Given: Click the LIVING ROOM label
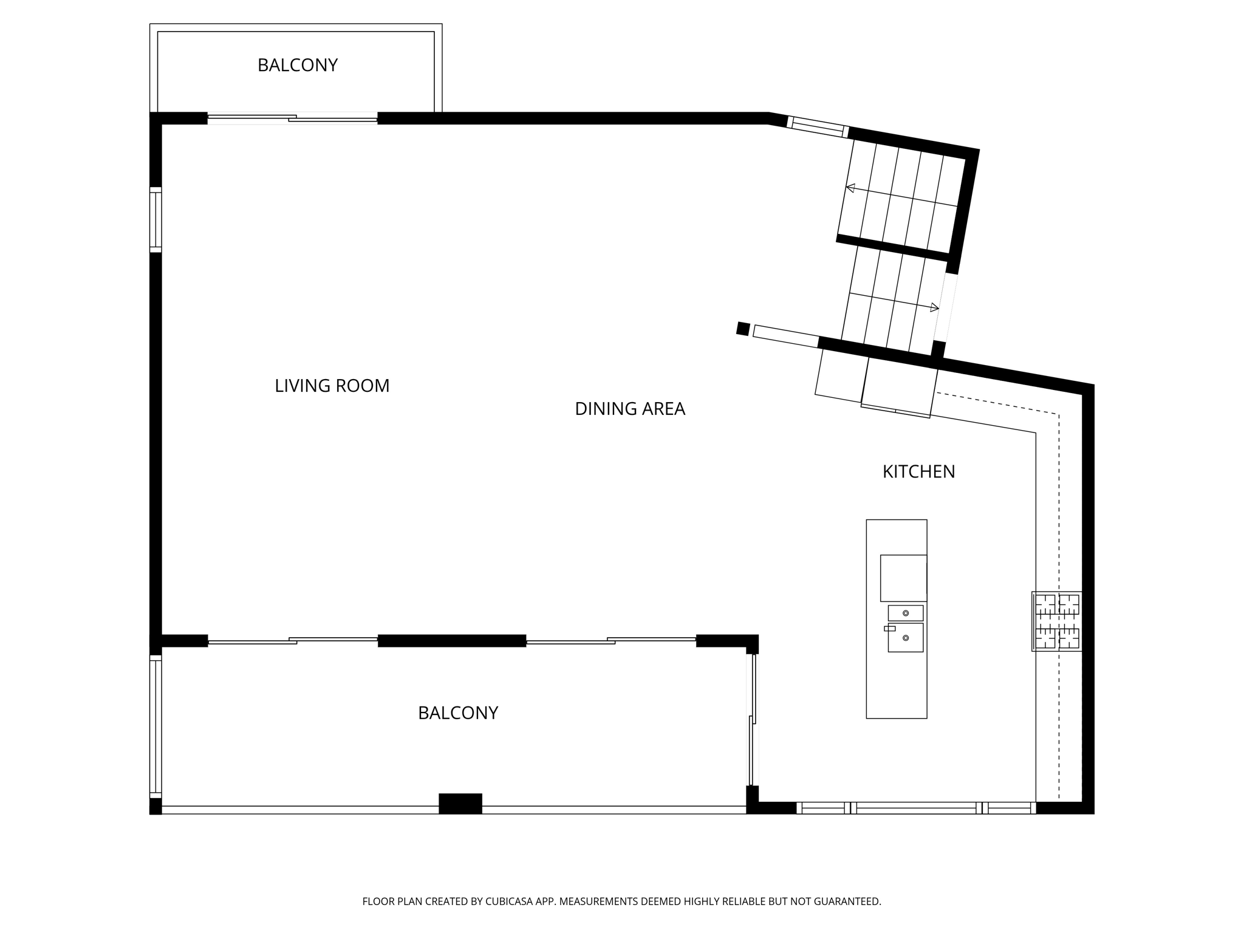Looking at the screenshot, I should point(332,386).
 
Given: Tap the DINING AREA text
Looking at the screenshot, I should point(630,409).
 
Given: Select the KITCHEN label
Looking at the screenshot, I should point(918,471).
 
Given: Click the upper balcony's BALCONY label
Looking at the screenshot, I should point(297,65).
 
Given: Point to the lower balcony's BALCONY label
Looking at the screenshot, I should point(458,713).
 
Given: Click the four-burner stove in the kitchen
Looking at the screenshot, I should point(1057,621).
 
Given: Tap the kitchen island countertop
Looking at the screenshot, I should point(896,686).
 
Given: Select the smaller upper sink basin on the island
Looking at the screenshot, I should point(905,613).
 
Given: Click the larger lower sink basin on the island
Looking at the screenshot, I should point(905,638).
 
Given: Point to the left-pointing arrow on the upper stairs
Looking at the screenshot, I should point(851,188).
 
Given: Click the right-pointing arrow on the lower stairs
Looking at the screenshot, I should point(934,308).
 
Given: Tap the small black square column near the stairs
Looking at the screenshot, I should point(742,329).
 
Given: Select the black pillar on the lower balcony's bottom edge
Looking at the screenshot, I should point(460,803).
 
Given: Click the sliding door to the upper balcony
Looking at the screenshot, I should point(292,118).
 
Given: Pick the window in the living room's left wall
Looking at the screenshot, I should point(156,220).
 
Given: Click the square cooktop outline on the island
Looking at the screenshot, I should point(903,578).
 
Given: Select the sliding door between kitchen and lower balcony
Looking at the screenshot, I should point(752,720).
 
